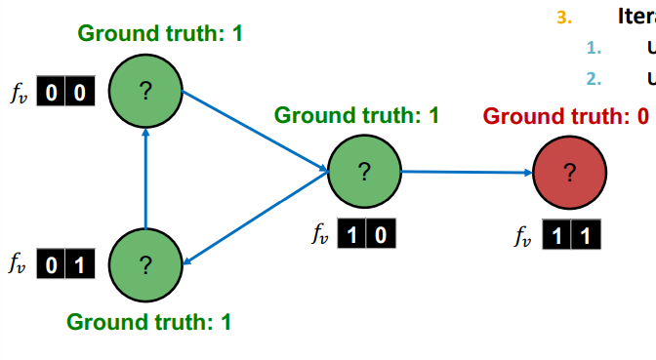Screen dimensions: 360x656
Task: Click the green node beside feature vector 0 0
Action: click(144, 92)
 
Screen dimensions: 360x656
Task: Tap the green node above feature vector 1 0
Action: click(363, 171)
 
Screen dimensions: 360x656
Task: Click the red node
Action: click(569, 173)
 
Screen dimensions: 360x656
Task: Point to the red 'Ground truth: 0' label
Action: click(566, 116)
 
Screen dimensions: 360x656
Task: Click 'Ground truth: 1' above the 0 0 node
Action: click(160, 33)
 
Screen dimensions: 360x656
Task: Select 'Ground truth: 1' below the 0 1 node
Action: click(148, 321)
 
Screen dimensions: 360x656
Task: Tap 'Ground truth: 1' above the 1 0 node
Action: click(356, 115)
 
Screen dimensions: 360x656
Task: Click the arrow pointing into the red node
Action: click(467, 172)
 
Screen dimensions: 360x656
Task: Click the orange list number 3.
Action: click(561, 17)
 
